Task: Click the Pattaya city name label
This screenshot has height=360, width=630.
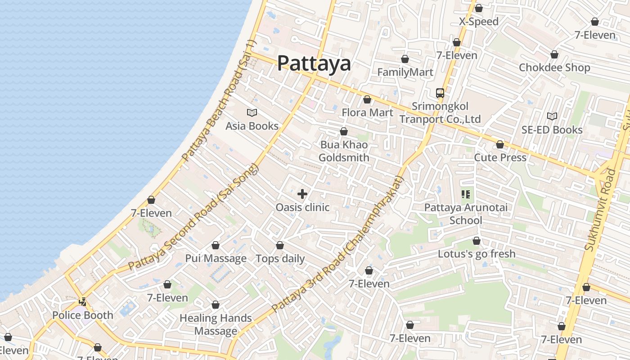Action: click(314, 63)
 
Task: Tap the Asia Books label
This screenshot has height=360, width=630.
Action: click(252, 126)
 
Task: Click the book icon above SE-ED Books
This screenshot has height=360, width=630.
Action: click(552, 117)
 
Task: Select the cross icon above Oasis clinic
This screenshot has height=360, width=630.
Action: click(302, 194)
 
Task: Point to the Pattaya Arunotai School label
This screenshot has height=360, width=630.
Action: click(466, 214)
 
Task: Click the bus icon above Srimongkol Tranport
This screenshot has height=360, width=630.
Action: click(440, 93)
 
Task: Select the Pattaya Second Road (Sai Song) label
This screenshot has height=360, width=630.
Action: click(194, 217)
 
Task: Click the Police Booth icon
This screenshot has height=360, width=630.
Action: click(82, 302)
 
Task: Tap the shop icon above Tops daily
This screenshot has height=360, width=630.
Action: click(280, 246)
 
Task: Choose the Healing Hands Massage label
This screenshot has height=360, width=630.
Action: click(216, 324)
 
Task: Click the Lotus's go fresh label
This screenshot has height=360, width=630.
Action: click(477, 254)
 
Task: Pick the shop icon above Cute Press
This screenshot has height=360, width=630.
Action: click(500, 145)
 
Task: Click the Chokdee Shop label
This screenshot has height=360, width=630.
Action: click(554, 67)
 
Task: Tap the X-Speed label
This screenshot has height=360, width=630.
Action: click(479, 22)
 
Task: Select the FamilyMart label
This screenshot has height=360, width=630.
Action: click(405, 72)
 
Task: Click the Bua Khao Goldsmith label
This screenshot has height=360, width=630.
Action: click(344, 151)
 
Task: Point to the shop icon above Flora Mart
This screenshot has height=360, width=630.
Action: click(367, 100)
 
